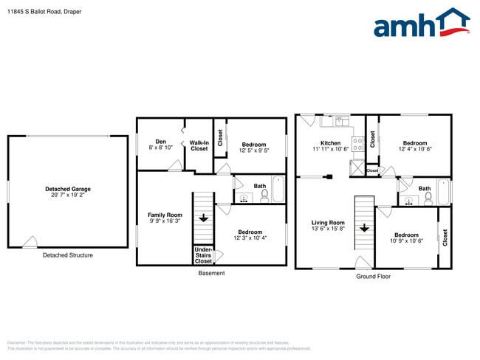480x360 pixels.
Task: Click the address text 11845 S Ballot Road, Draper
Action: click(44, 12)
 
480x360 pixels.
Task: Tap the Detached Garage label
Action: click(67, 189)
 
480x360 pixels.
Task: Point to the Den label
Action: click(160, 142)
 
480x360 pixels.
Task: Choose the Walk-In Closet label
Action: click(199, 145)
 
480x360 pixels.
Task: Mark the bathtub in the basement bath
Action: click(278, 189)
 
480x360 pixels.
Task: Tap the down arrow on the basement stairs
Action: click(203, 218)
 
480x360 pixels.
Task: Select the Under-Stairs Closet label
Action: click(203, 255)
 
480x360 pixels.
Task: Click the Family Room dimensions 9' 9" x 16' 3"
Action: click(165, 221)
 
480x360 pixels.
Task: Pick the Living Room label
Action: click(328, 222)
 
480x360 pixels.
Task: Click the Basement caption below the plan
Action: click(212, 273)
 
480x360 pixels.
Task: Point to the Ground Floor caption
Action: click(373, 277)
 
